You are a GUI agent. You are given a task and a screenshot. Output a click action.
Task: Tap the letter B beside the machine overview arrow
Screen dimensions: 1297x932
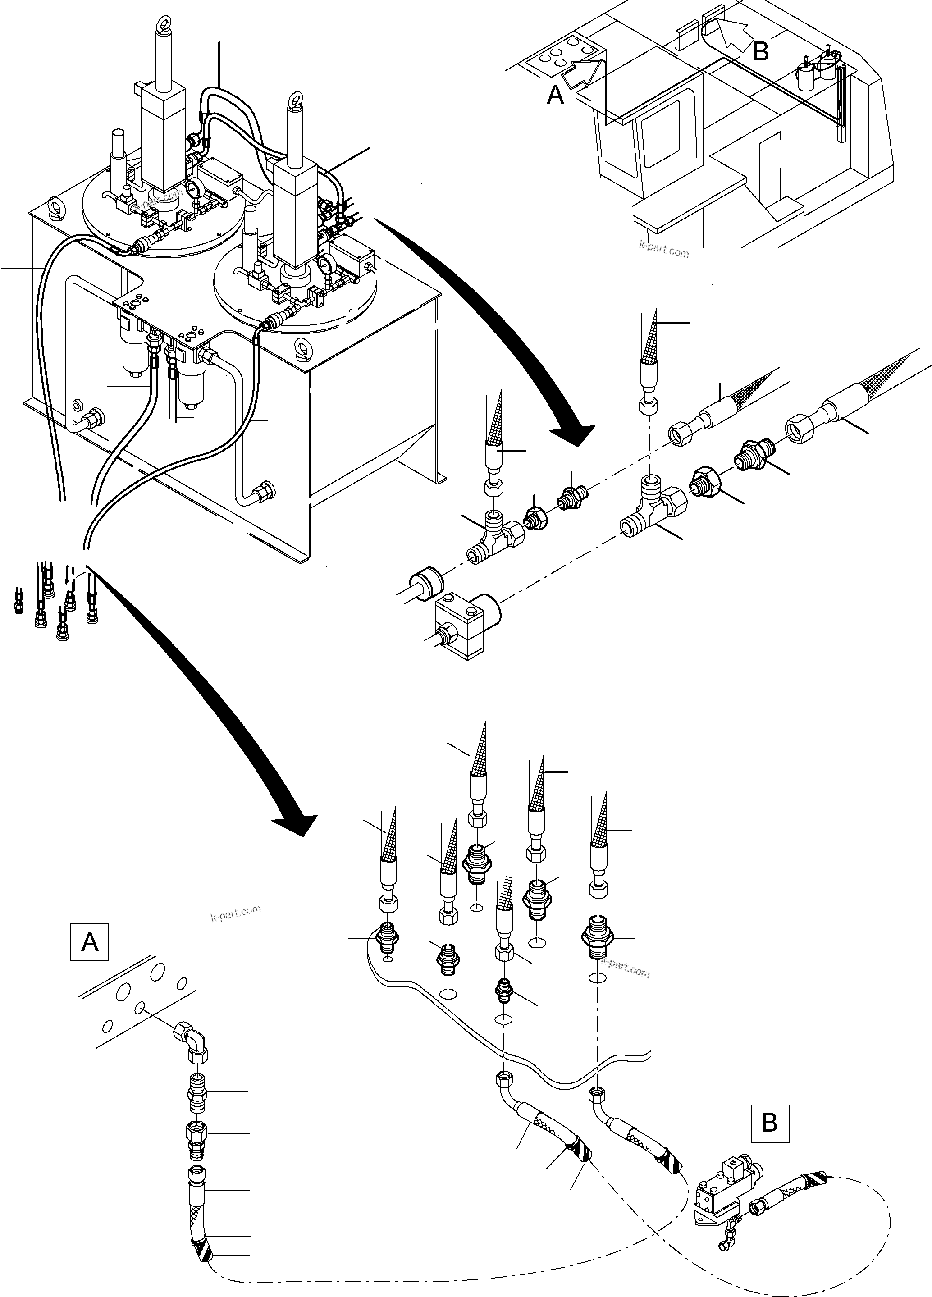point(760,51)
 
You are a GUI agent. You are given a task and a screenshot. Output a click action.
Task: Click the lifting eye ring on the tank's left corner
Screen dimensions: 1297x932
point(55,205)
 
